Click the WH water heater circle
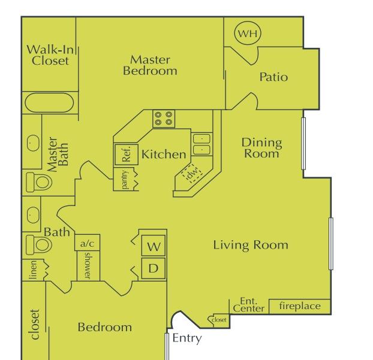pyautogui.click(x=248, y=33)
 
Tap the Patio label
pyautogui.click(x=273, y=77)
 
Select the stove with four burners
pyautogui.click(x=164, y=119)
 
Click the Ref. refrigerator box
pyautogui.click(x=127, y=155)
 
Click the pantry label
pyautogui.click(x=124, y=180)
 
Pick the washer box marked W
pyautogui.click(x=154, y=246)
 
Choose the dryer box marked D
pyautogui.click(x=154, y=268)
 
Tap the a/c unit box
pyautogui.click(x=88, y=243)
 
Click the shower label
pyautogui.click(x=88, y=265)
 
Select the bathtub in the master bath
pyautogui.click(x=49, y=102)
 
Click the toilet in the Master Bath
pyautogui.click(x=39, y=182)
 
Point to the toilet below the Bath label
pyautogui.click(x=38, y=245)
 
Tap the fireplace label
pyautogui.click(x=300, y=306)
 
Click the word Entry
pyautogui.click(x=187, y=338)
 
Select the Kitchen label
pyautogui.click(x=164, y=154)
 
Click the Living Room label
pyautogui.click(x=251, y=245)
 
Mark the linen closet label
pyautogui.click(x=33, y=270)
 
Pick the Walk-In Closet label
pyautogui.click(x=50, y=55)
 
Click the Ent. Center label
pyautogui.click(x=249, y=305)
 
